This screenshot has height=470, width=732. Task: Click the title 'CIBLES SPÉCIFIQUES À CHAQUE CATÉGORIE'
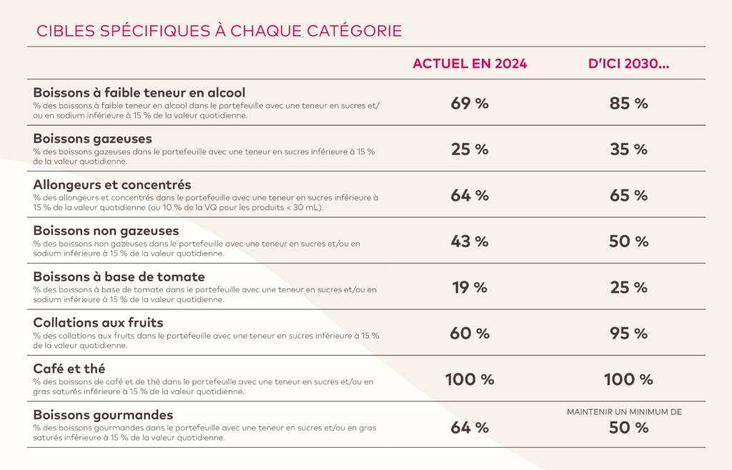(x=219, y=31)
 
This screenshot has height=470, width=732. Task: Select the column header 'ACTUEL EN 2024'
(x=470, y=64)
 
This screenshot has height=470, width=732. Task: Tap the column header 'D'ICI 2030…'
(x=628, y=64)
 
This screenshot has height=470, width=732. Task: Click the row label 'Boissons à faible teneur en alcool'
(x=139, y=92)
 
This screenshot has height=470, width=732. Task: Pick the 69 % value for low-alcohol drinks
(x=470, y=103)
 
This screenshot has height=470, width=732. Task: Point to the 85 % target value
(x=628, y=103)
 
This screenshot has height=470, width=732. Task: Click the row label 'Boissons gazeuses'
(x=92, y=139)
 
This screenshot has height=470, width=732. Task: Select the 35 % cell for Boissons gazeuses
(x=628, y=149)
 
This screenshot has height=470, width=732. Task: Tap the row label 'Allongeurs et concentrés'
(x=112, y=185)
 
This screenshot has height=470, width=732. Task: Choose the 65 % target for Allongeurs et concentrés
(x=628, y=195)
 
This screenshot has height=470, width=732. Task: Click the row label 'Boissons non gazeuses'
(x=106, y=231)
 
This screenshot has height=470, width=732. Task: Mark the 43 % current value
(x=470, y=241)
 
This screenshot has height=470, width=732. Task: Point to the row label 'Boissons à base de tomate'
(x=119, y=276)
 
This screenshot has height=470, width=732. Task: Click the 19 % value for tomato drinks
(x=470, y=287)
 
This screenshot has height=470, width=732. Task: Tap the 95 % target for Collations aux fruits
(x=628, y=334)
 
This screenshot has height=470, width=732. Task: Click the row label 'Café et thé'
(x=69, y=369)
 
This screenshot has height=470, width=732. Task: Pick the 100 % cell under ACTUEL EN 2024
(x=470, y=379)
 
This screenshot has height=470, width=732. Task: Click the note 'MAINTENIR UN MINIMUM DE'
(x=624, y=412)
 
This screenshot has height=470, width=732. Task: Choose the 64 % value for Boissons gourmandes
(x=470, y=428)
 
